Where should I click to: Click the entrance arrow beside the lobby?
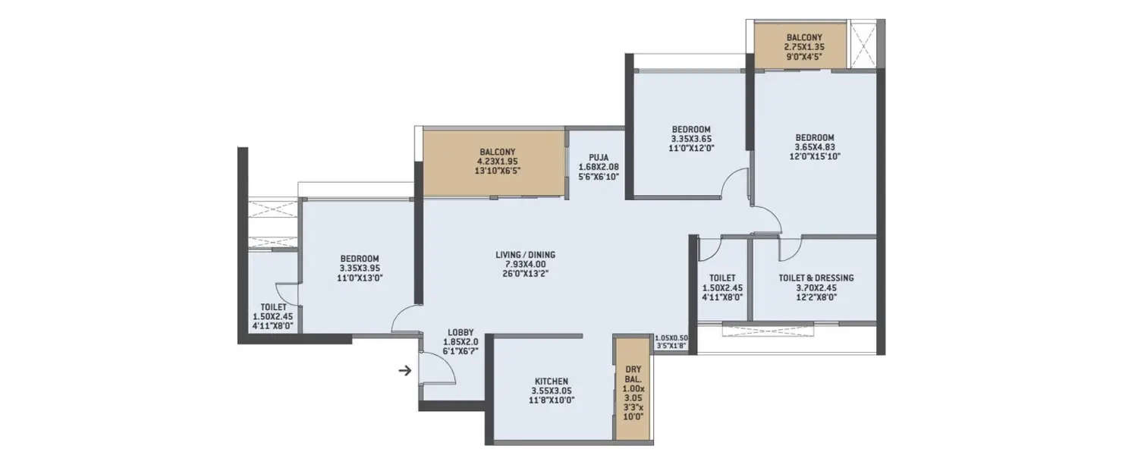click(406, 371)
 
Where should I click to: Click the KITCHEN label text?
click(552, 381)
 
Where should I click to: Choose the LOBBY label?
click(461, 332)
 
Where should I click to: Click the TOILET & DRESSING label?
click(816, 278)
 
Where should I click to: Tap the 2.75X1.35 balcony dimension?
click(804, 46)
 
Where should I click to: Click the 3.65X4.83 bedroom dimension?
click(814, 147)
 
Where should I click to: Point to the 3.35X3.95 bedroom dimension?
click(360, 268)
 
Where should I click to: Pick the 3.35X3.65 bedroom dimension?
click(690, 139)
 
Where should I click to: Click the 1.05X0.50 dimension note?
click(670, 337)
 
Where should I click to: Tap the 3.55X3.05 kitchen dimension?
click(552, 391)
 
